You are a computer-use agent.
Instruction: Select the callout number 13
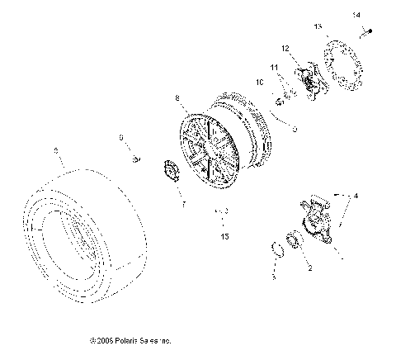(x=318, y=26)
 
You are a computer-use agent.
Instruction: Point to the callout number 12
(x=284, y=49)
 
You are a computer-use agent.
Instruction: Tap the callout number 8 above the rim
(x=176, y=99)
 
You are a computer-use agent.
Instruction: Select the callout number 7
(x=183, y=202)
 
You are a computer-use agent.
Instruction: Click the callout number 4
(x=356, y=197)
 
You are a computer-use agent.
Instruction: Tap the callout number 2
(x=309, y=268)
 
